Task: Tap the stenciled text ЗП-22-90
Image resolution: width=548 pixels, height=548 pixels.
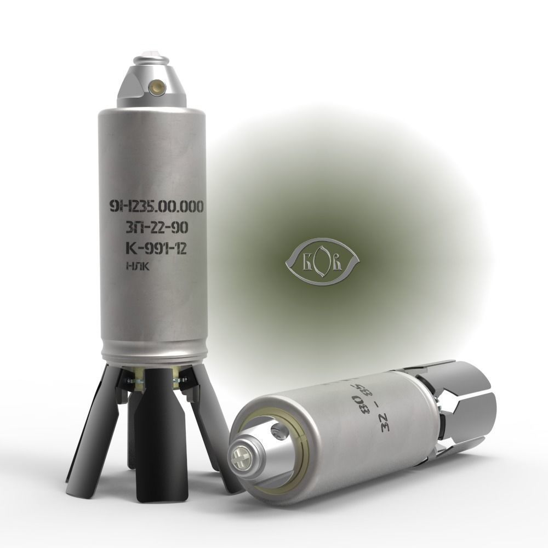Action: click(155, 229)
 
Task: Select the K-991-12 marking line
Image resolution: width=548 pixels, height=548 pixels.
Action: click(155, 249)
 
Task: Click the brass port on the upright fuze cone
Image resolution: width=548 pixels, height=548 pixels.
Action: click(159, 84)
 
